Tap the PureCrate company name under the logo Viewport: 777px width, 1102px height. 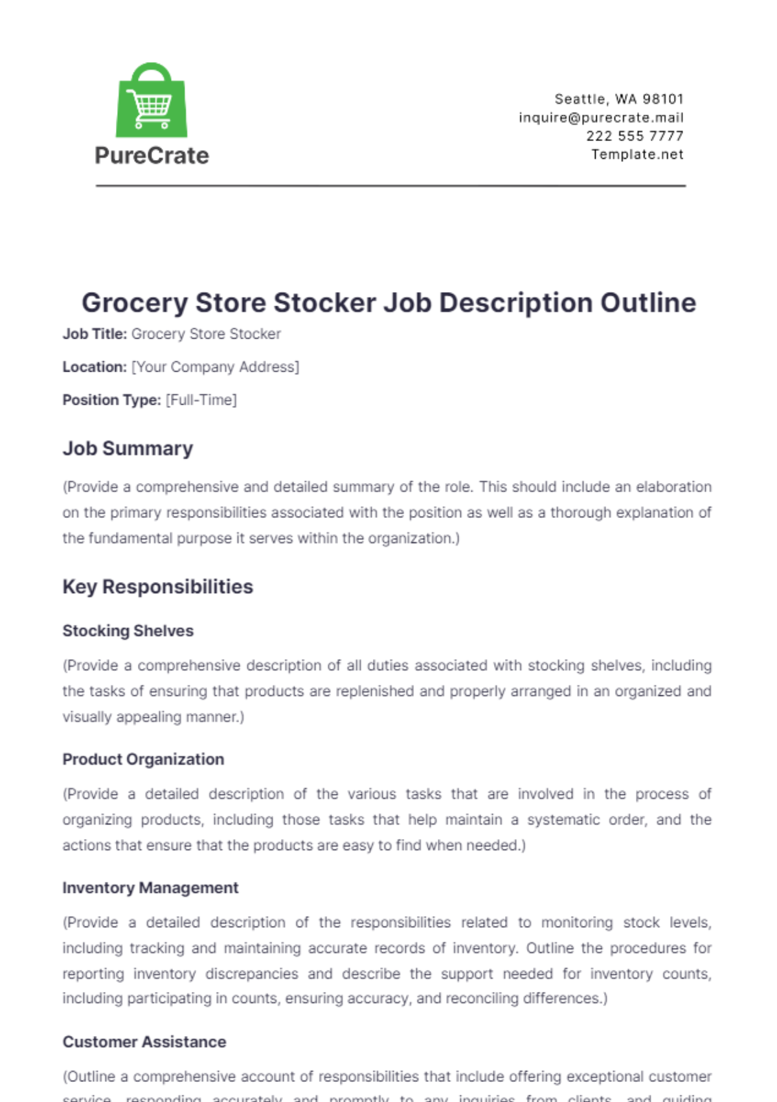tap(152, 156)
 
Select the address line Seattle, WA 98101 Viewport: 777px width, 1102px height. tap(619, 99)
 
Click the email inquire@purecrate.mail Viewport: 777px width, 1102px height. tap(601, 118)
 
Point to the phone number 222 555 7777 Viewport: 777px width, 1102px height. tap(635, 136)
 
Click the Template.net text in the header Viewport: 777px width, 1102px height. tap(637, 155)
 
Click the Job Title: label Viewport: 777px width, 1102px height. tap(95, 334)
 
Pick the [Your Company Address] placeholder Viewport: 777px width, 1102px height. tap(215, 367)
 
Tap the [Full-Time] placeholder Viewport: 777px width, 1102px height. tap(201, 400)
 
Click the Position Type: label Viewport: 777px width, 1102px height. tap(111, 400)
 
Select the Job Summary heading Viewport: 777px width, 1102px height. tap(128, 449)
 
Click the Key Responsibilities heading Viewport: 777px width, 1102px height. tap(157, 587)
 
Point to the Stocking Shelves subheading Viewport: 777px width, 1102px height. tap(128, 631)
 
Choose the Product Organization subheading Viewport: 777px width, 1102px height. tap(143, 759)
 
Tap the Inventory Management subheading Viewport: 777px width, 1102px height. tap(150, 888)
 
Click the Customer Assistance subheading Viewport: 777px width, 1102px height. tap(144, 1042)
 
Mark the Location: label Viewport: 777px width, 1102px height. tap(95, 367)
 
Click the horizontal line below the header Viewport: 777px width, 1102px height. tap(390, 186)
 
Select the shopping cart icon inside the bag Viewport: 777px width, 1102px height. tap(150, 107)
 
